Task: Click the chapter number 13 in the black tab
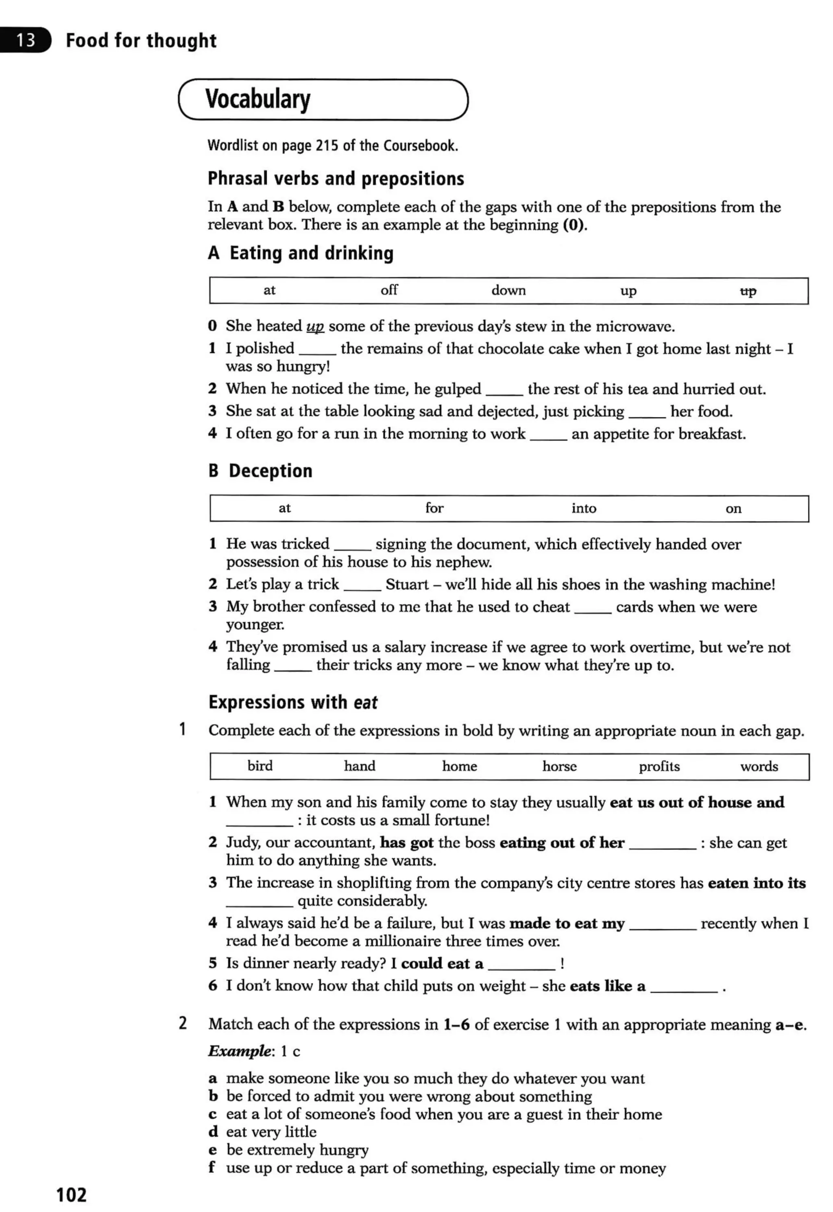(25, 40)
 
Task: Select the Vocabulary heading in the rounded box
(258, 99)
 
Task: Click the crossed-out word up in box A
(748, 291)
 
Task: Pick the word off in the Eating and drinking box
(389, 290)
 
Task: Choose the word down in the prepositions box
(508, 290)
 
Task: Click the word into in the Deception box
(584, 508)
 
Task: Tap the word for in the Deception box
(434, 507)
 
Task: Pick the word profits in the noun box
(659, 766)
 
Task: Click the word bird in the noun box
(260, 766)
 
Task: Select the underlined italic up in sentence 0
(315, 327)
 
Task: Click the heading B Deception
(260, 471)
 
